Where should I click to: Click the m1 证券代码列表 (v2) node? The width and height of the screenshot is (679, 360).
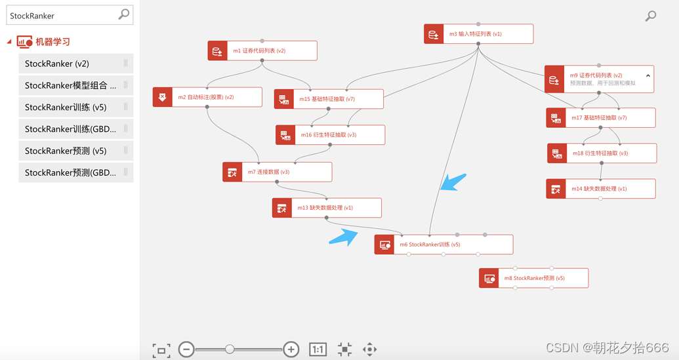click(262, 50)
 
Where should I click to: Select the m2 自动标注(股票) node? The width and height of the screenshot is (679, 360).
click(207, 97)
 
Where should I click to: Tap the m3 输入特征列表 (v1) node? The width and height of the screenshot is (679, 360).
click(478, 34)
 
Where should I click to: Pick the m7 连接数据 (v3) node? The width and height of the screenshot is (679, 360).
click(277, 172)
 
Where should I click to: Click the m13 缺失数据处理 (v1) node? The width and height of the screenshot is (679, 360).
click(327, 208)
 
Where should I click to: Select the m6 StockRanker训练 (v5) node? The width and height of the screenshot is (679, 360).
click(443, 245)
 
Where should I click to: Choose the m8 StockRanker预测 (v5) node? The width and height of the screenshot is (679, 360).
click(533, 278)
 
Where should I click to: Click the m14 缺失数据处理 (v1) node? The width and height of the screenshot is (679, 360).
click(600, 189)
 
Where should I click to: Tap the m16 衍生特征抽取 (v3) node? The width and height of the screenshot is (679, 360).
click(330, 135)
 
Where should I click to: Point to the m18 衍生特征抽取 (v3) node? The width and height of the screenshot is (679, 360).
click(602, 153)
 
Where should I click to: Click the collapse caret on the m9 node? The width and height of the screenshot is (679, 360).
click(648, 76)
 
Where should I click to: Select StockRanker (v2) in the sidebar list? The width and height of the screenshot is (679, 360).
click(75, 64)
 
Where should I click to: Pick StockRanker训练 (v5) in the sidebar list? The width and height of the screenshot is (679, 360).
click(75, 108)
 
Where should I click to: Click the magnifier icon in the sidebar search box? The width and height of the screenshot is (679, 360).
click(124, 14)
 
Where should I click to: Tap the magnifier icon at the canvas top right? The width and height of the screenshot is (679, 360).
click(651, 16)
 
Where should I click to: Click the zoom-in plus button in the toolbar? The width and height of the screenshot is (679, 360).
click(291, 350)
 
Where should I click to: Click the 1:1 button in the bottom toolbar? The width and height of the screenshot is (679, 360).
click(318, 350)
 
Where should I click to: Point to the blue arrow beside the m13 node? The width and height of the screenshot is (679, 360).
click(344, 237)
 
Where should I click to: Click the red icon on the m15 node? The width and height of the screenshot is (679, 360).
click(283, 99)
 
